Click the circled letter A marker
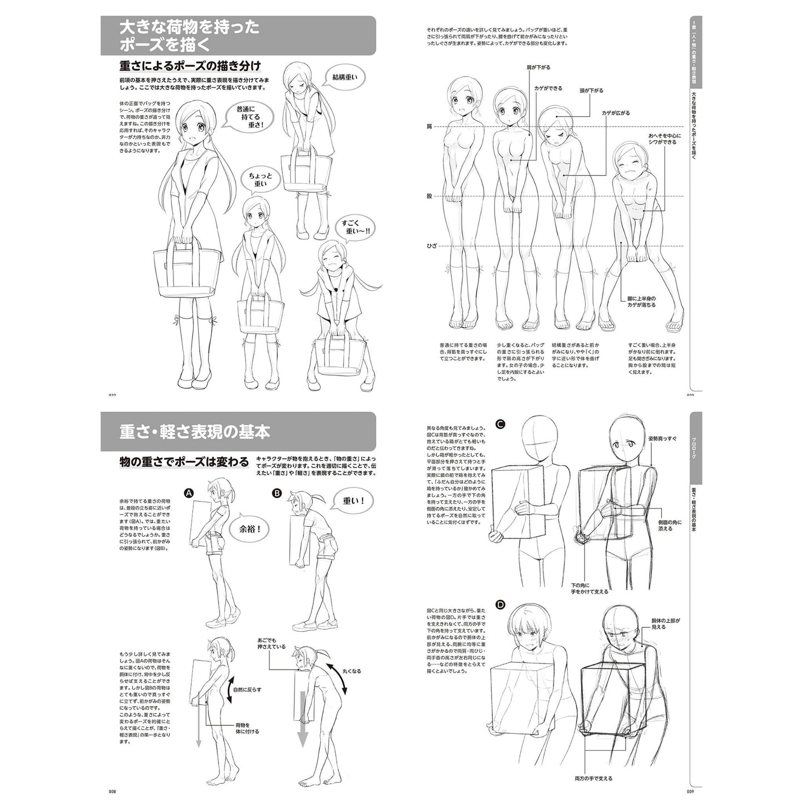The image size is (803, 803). (x=188, y=493)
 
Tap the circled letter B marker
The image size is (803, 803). (x=276, y=493)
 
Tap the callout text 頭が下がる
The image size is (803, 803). (x=591, y=90)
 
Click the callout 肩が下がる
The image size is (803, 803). (x=538, y=67)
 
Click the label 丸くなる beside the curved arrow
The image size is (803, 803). (x=351, y=671)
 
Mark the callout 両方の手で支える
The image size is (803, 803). (x=586, y=778)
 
